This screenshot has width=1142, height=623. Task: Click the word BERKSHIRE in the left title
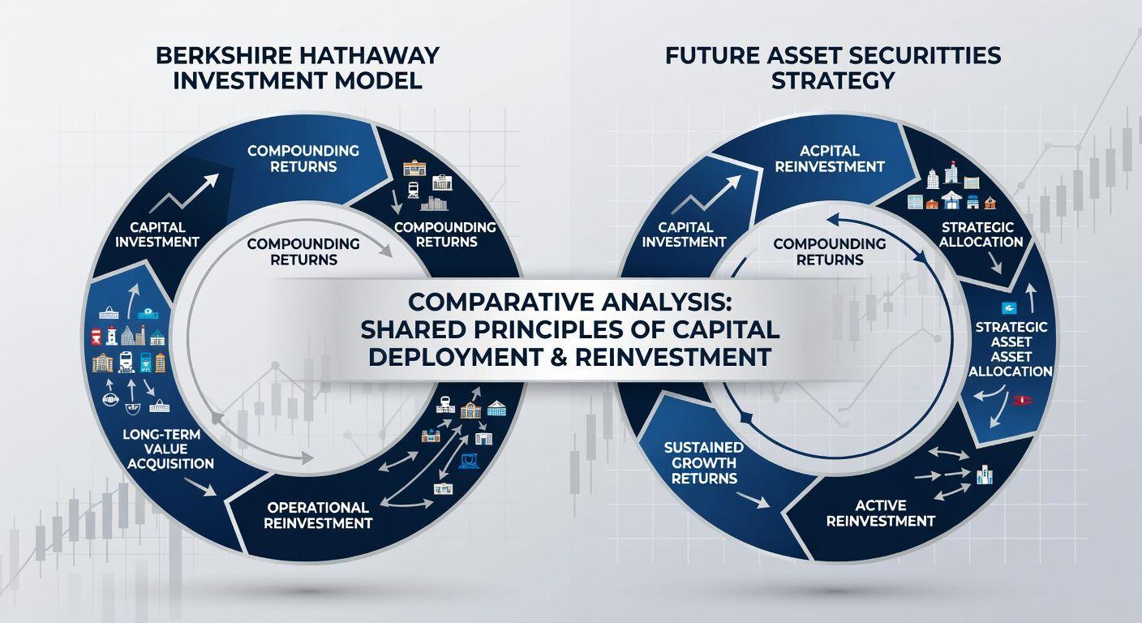[x=224, y=56]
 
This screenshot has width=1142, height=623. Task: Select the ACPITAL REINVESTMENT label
[x=830, y=158]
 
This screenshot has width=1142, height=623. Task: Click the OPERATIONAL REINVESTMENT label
[x=318, y=515]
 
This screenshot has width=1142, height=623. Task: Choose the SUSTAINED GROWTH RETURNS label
[x=704, y=463]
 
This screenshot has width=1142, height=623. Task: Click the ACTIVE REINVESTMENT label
[x=881, y=513]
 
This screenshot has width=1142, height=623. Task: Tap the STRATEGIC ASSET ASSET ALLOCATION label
[x=1011, y=350]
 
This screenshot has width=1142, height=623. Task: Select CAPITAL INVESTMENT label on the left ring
[x=157, y=234]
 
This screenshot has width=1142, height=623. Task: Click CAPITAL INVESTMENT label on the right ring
[x=685, y=234]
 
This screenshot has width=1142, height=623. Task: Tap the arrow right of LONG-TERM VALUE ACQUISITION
[x=200, y=487]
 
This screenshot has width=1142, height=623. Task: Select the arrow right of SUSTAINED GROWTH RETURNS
[x=753, y=500]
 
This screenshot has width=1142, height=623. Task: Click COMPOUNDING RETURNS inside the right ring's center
[x=830, y=251]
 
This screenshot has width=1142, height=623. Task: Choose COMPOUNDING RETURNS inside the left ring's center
[x=303, y=251]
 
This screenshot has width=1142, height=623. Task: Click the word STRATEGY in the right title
[x=833, y=81]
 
